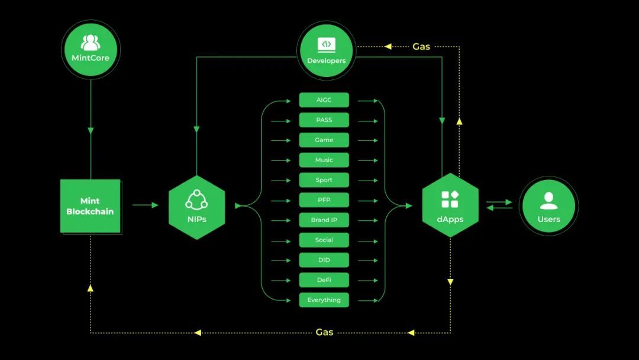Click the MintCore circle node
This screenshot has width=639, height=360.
91,50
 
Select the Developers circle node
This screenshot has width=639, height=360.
326,51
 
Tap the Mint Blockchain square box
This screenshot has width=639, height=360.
90,206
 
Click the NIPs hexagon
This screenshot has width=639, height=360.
196,207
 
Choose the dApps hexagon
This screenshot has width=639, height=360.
450,205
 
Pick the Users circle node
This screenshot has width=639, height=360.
548,206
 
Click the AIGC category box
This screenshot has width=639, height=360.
324,100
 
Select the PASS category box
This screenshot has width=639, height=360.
324,120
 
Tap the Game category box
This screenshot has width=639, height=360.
324,140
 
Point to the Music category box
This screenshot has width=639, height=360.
324,160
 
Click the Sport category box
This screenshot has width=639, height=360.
324,180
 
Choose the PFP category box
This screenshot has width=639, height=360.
324,200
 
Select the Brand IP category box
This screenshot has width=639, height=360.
324,220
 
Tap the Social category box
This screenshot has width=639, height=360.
324,240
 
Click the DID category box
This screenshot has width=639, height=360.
324,260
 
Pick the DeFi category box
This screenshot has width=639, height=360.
324,280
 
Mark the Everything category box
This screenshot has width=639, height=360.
324,300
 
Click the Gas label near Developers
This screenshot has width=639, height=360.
421,46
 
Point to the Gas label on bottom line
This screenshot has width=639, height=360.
324,333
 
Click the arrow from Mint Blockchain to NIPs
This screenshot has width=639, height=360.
146,205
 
